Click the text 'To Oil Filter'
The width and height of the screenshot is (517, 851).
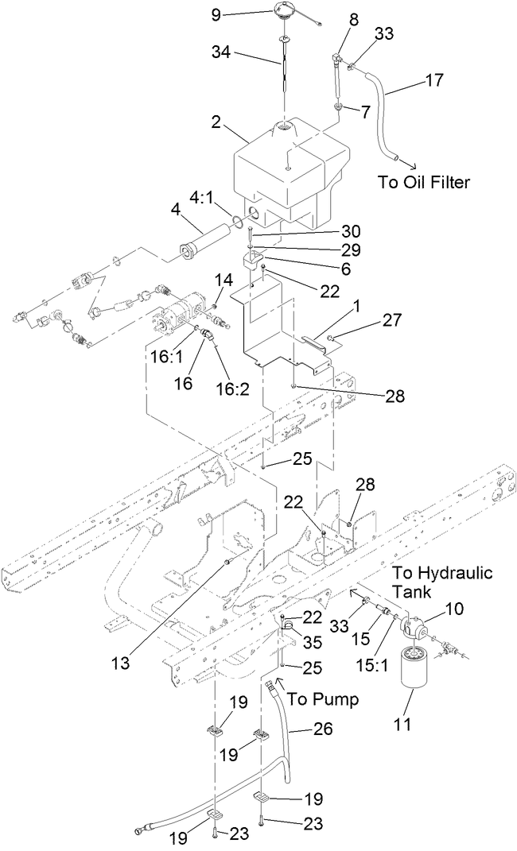click(424, 183)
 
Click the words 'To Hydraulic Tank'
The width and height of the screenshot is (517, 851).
click(444, 582)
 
